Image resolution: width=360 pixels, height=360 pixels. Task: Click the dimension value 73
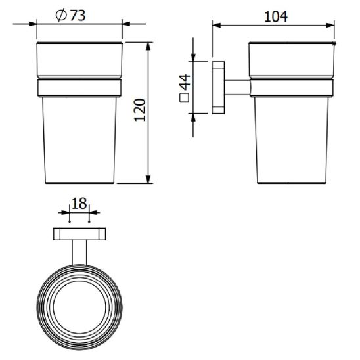click(x=78, y=16)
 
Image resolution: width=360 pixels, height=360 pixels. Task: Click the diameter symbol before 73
click(x=61, y=16)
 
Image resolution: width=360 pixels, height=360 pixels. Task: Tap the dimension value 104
click(x=276, y=17)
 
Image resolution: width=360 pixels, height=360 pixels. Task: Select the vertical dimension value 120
click(x=140, y=110)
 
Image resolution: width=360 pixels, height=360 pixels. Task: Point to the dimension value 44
click(x=185, y=82)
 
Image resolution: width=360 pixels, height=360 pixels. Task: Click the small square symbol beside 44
click(x=185, y=98)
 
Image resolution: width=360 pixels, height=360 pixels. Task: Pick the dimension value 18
click(x=79, y=204)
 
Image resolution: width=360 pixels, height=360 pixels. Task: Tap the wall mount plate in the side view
click(x=218, y=87)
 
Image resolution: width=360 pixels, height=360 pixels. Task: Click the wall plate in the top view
click(x=79, y=234)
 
